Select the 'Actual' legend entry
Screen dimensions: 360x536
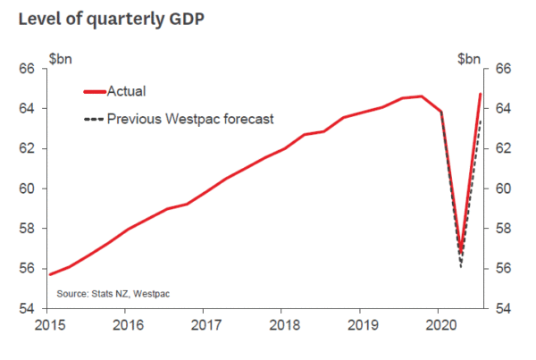126,90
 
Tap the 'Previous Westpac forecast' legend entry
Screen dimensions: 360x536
189,118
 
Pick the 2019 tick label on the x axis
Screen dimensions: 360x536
360,325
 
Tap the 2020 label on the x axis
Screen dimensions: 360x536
439,325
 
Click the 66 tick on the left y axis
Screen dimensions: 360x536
27,69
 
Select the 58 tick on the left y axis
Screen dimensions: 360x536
27,229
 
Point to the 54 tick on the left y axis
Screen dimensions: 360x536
27,308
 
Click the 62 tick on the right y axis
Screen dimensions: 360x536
503,148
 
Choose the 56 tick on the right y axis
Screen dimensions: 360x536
503,269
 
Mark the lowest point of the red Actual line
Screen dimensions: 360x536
461,252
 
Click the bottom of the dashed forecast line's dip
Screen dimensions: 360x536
461,266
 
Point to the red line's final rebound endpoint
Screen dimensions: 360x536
481,94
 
